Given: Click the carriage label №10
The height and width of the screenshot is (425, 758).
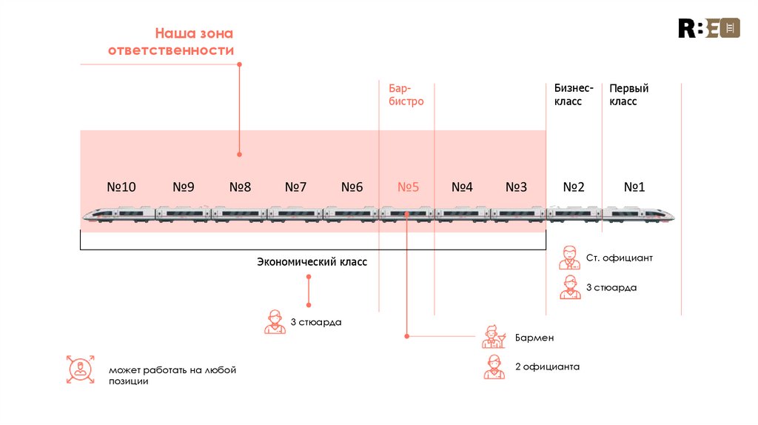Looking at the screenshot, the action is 121,187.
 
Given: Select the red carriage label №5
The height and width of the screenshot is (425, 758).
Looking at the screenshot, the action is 408,187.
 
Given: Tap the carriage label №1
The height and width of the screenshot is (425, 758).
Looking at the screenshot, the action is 634,187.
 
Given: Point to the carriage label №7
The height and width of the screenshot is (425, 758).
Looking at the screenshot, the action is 295,187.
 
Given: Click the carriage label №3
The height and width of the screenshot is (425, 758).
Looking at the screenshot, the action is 516,187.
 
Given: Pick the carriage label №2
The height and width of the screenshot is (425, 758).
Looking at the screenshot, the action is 574,187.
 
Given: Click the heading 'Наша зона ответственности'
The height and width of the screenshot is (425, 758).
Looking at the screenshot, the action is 171,42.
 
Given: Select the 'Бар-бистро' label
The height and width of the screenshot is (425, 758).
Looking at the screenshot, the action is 406,95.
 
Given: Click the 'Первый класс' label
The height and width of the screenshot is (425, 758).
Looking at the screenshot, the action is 628,95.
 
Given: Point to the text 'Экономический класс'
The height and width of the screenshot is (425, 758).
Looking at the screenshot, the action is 312,262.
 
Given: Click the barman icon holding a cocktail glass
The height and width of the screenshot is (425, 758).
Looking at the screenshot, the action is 493,337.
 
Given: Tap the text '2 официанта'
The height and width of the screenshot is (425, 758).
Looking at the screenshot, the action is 547,367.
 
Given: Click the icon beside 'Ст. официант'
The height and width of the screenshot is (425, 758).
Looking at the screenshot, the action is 570,258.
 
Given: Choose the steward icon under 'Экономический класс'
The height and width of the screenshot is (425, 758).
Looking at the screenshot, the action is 275,322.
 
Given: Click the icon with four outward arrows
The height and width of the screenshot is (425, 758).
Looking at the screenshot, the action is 79,369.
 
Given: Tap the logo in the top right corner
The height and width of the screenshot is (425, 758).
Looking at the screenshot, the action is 709,28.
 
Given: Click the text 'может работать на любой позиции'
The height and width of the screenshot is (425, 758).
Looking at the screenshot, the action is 172,375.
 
